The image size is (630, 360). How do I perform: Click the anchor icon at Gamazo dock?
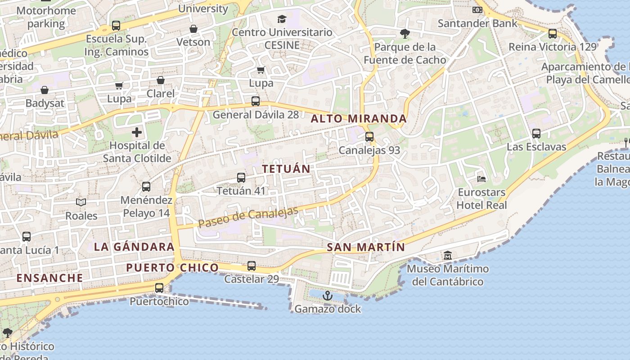tap(328, 296)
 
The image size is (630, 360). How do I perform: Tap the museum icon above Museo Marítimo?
tap(448, 256)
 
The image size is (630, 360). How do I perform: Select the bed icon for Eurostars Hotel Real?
tap(481, 179)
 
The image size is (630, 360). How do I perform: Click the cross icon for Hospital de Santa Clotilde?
tap(137, 132)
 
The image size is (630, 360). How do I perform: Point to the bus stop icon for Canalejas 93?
tap(369, 136)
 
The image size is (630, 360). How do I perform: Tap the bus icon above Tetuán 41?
tap(241, 178)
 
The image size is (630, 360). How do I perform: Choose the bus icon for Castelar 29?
tap(252, 266)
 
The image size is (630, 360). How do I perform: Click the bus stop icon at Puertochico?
tap(159, 288)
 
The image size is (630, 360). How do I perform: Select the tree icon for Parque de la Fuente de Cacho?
tap(405, 33)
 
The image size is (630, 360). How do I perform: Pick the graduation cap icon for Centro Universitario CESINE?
tap(282, 19)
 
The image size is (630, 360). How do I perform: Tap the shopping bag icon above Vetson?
tap(193, 29)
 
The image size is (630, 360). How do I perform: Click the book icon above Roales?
tap(81, 202)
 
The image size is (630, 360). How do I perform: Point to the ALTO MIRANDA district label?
tap(359, 119)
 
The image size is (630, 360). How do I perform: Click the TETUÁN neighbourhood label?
tap(286, 169)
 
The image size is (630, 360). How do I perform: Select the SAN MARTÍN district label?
tap(366, 247)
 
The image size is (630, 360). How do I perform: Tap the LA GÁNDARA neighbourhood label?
tap(134, 247)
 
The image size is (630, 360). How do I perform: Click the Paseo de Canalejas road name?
tap(248, 217)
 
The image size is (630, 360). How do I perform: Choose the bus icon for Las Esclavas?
tap(536, 134)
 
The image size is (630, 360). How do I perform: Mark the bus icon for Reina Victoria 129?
tap(553, 33)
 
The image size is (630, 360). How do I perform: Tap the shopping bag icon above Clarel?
tap(161, 80)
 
